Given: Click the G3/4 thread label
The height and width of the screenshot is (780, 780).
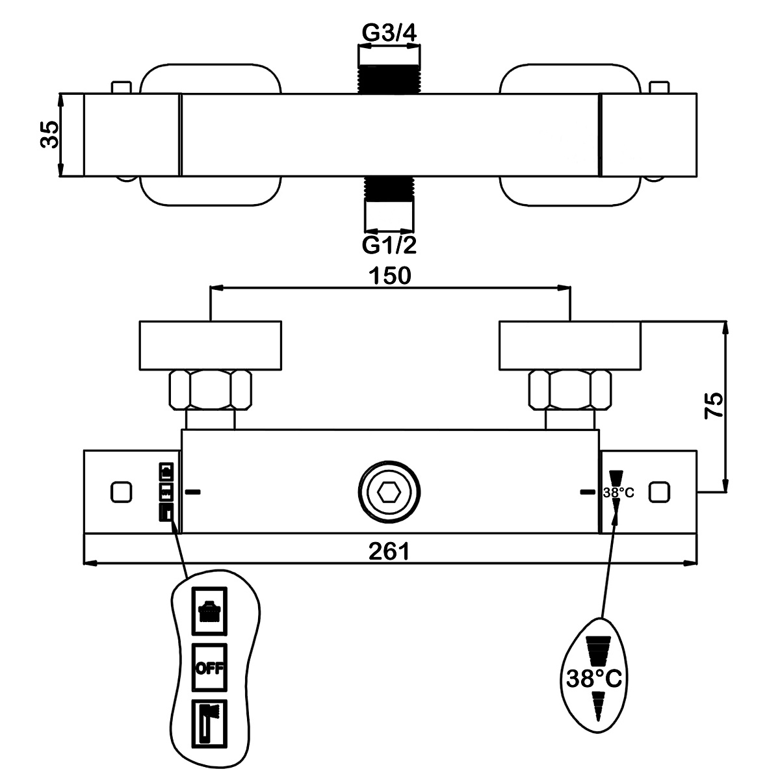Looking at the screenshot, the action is pyautogui.click(x=389, y=33).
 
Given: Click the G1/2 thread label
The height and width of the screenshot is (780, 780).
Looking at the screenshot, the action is pyautogui.click(x=389, y=245).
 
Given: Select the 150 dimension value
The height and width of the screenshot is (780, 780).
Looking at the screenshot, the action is pyautogui.click(x=390, y=275).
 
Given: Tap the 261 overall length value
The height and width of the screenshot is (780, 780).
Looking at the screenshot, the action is pyautogui.click(x=389, y=551).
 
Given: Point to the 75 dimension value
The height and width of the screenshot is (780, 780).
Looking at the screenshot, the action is pyautogui.click(x=713, y=405).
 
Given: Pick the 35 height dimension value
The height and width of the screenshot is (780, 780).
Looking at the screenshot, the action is pyautogui.click(x=50, y=135).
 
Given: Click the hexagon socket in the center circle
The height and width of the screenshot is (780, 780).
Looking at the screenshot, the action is pyautogui.click(x=389, y=492).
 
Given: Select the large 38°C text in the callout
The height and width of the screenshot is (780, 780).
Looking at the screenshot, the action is pyautogui.click(x=594, y=679).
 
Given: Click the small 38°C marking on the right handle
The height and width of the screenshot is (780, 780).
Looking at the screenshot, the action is pyautogui.click(x=619, y=493).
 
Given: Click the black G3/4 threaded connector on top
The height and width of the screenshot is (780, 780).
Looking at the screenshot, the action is pyautogui.click(x=389, y=79).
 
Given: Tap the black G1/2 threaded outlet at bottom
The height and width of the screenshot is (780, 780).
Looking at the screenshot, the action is pyautogui.click(x=389, y=188).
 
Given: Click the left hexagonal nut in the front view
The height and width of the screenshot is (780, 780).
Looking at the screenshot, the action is pyautogui.click(x=210, y=390).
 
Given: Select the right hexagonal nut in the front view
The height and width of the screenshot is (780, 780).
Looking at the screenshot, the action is pyautogui.click(x=570, y=390).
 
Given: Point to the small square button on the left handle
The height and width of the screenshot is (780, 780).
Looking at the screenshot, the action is pyautogui.click(x=121, y=492).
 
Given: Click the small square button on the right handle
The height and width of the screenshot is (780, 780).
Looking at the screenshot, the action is pyautogui.click(x=659, y=492).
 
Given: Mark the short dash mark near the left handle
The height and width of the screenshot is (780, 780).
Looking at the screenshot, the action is pyautogui.click(x=192, y=492).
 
